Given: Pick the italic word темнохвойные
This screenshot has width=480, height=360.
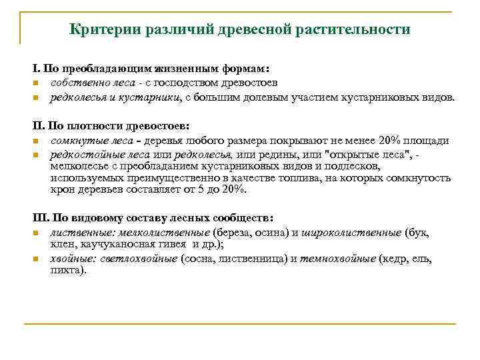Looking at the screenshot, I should tap(337, 259).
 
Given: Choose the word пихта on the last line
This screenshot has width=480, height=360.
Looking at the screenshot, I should tap(67, 271).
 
